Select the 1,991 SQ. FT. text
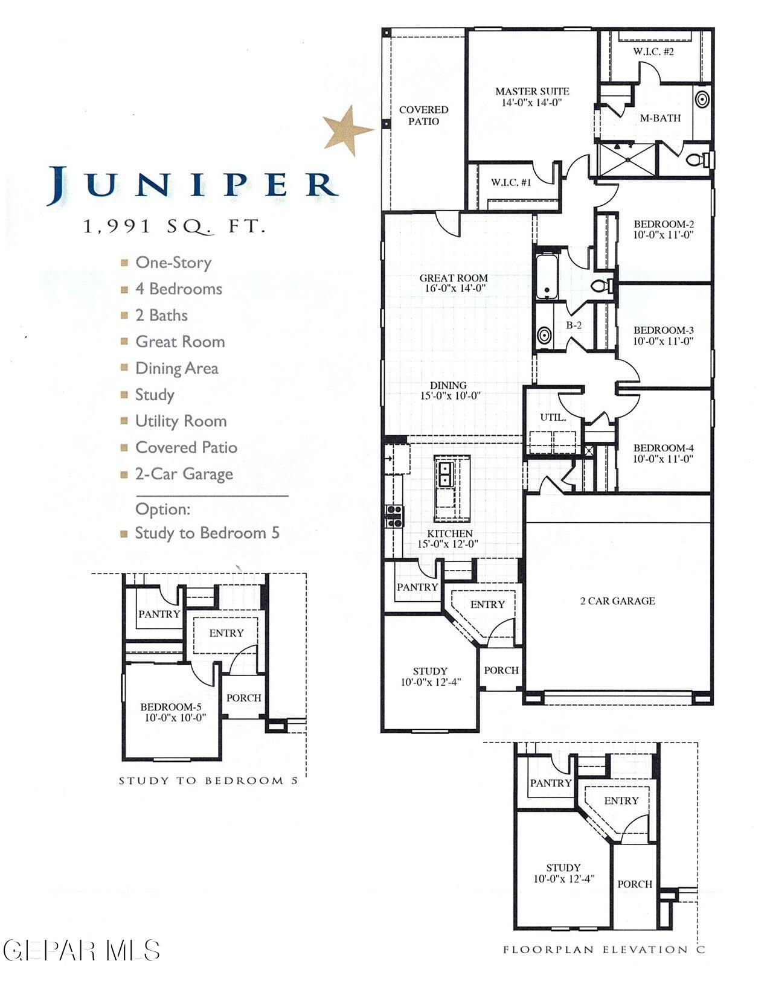coord(174,227)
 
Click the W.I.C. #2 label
coord(653,51)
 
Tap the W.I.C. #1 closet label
coord(511,182)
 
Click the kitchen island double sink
coord(445,474)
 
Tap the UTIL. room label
coord(553,418)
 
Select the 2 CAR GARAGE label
coord(617,601)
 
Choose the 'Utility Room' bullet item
coord(181,421)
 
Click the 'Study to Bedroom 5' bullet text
coord(207,533)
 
